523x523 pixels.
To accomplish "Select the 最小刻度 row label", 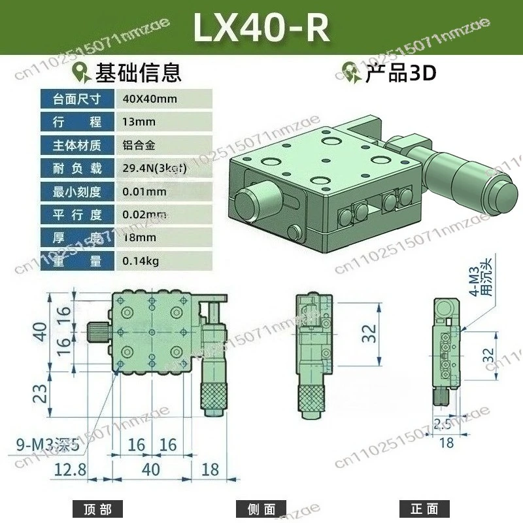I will tap(78, 192).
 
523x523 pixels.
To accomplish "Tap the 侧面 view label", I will tap(261, 509).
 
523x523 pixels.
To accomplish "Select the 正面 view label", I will tap(424, 509).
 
